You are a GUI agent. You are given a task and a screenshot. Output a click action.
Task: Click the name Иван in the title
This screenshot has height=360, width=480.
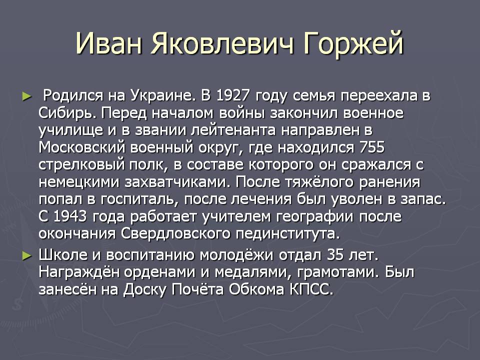(x=108, y=43)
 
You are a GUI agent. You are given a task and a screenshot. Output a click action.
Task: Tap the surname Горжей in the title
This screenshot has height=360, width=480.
(x=353, y=44)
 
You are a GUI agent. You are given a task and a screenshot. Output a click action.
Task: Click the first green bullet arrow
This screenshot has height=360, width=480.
(x=27, y=96)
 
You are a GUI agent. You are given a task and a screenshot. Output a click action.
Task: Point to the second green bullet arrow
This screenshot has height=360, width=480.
(x=27, y=255)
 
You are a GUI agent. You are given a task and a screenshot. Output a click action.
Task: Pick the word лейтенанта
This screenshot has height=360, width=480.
(x=233, y=130)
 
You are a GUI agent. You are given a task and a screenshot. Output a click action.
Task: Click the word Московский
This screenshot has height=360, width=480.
(x=82, y=147)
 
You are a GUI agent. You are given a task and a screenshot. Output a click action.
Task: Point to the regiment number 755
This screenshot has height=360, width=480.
(x=372, y=147)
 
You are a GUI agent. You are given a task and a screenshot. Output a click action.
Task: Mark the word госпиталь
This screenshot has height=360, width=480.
(x=139, y=200)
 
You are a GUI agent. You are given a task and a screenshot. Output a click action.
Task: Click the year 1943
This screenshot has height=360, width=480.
(x=70, y=216)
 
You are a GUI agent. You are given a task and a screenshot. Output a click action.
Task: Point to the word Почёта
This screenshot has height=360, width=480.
(x=197, y=289)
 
